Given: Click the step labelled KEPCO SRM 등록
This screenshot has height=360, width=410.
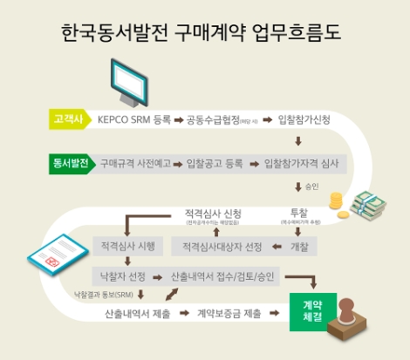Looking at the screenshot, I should click(x=134, y=118).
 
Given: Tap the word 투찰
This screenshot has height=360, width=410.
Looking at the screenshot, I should click(x=298, y=213).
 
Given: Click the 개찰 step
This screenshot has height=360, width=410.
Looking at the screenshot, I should click(x=298, y=247).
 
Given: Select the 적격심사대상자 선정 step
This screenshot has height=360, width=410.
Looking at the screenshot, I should click(x=222, y=247).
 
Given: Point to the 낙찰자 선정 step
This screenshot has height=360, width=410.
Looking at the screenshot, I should click(x=123, y=277).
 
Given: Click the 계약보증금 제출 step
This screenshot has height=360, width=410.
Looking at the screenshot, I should click(x=229, y=312).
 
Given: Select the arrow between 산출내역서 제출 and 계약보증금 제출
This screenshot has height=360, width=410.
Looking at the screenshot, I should click(x=181, y=312).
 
